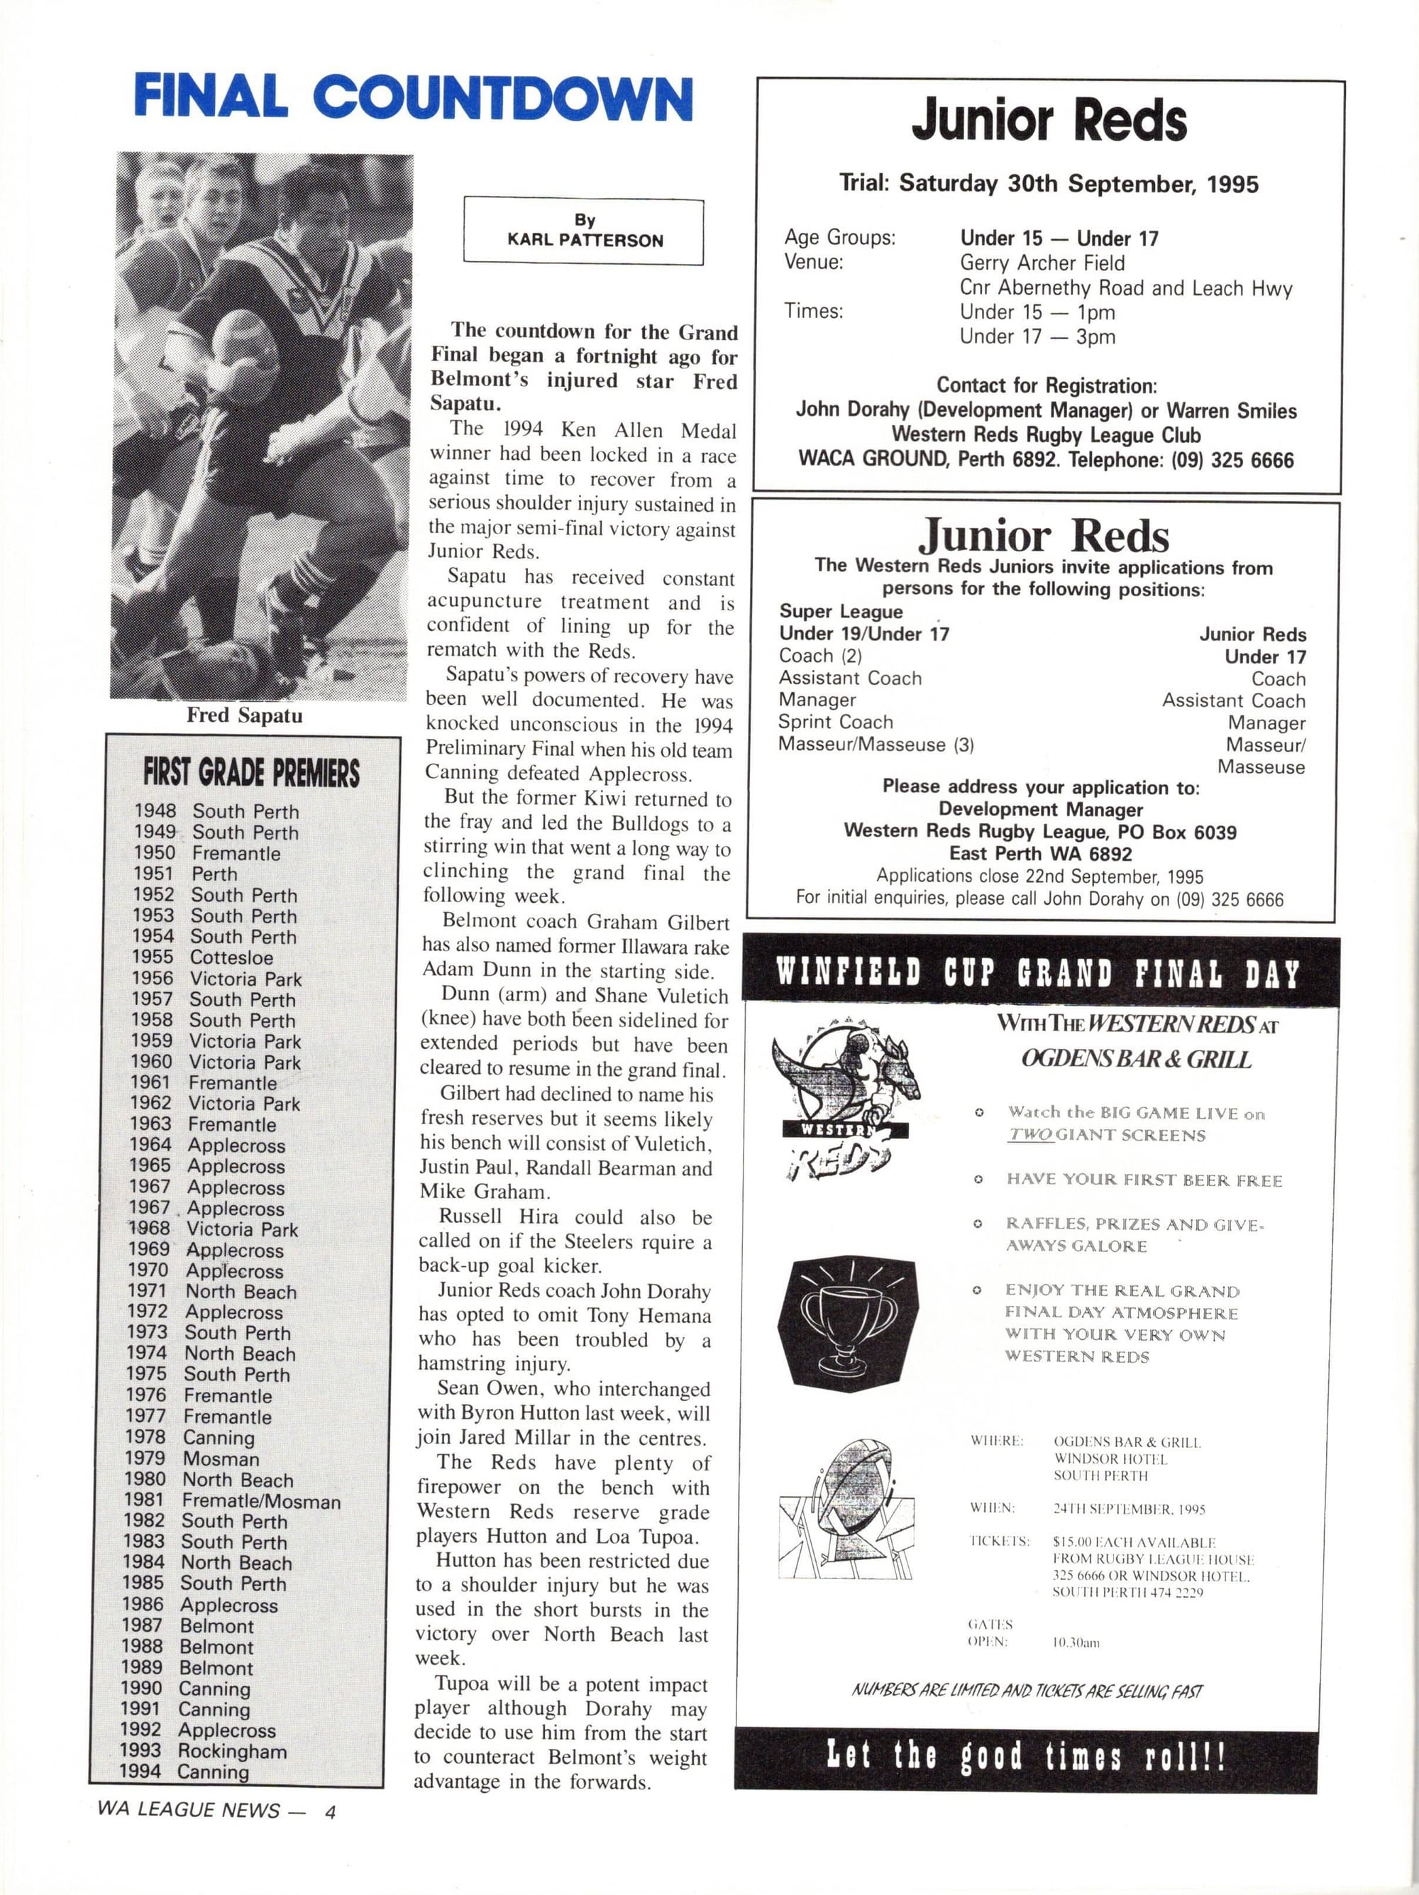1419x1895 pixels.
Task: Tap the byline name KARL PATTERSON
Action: (x=585, y=241)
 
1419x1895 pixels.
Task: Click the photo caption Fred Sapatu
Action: (x=245, y=715)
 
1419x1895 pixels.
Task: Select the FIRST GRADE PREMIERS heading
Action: (x=251, y=773)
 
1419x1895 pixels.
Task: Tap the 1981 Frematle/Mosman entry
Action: (x=232, y=1501)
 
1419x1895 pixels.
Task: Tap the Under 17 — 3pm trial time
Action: (x=1037, y=336)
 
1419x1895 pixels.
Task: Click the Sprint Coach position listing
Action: (x=835, y=723)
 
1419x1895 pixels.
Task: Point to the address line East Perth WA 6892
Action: (x=1041, y=854)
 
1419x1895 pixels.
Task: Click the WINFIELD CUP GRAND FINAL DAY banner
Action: (x=1038, y=972)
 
